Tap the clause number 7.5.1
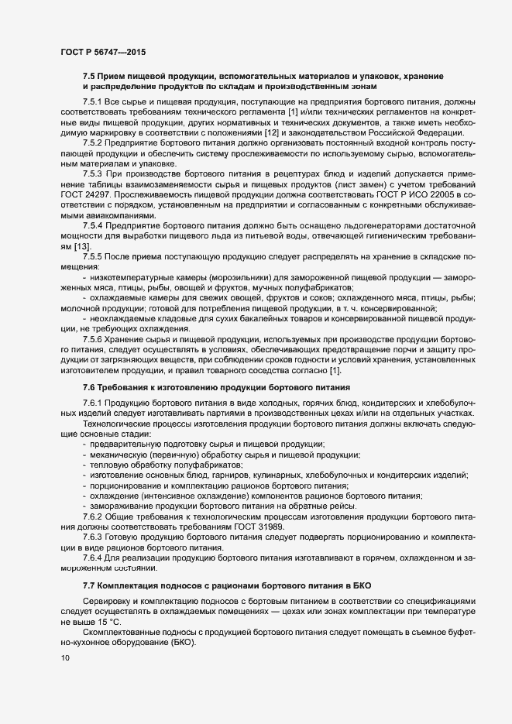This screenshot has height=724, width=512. tap(92, 102)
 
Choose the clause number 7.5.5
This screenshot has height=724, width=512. tap(92, 256)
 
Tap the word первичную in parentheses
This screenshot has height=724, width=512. tap(170, 455)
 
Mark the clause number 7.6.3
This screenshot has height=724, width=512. tap(92, 537)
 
